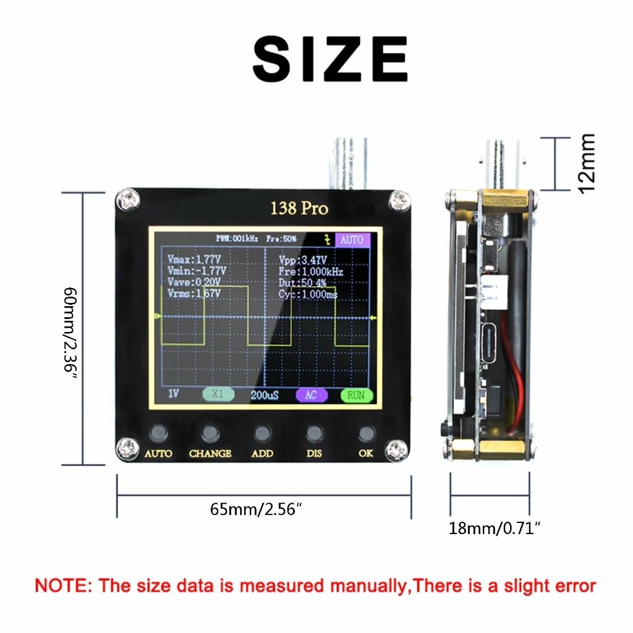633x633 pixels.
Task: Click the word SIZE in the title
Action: point(329,59)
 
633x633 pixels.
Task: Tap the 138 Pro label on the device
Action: point(299,208)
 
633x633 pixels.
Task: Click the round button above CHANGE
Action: point(210,433)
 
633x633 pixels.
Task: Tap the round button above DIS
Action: point(314,433)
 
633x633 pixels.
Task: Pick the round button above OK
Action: point(366,433)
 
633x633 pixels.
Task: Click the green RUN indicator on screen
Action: point(356,395)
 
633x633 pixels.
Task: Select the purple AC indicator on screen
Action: point(311,395)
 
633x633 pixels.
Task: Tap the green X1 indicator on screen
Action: point(218,394)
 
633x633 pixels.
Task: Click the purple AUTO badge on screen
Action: point(352,239)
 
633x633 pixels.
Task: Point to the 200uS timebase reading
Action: point(264,395)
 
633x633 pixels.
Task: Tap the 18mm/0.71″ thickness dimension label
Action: point(495,528)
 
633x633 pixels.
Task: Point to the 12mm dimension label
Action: point(585,163)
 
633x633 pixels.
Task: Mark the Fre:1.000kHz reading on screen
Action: point(311,271)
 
